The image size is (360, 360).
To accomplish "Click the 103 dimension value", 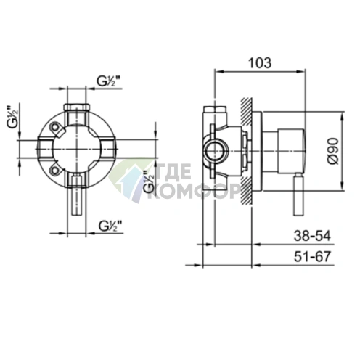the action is click(x=260, y=63).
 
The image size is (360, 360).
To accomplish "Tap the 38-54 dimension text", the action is click(x=312, y=236).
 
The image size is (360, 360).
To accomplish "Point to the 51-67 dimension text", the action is click(x=312, y=256).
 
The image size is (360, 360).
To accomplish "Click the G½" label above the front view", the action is click(x=109, y=81).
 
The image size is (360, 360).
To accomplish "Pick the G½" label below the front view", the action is click(x=110, y=226).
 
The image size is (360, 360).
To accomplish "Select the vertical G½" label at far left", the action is click(x=14, y=117).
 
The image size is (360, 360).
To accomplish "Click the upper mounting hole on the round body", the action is click(x=54, y=127).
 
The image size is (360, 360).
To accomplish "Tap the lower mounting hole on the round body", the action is click(x=54, y=170).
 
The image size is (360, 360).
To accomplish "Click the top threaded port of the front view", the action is click(x=76, y=113).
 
